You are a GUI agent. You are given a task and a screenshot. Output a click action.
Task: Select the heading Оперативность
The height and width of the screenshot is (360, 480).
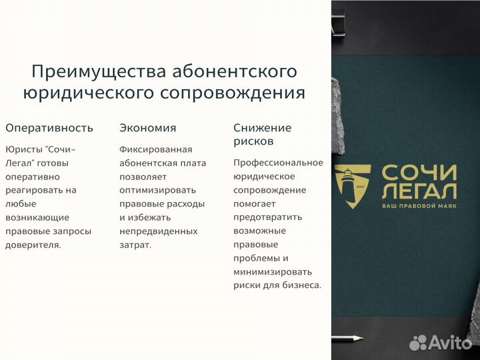point(49,128)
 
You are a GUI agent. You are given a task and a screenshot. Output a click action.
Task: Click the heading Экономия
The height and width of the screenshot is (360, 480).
point(147,128)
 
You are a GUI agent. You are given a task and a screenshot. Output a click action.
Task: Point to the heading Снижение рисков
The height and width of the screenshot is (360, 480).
point(262,134)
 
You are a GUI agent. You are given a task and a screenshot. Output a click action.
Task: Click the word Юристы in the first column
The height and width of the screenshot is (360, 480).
point(22,149)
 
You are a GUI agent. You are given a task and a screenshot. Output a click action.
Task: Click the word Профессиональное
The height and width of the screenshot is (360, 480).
point(278,163)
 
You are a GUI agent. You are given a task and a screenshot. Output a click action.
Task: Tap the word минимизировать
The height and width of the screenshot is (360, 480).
point(272,272)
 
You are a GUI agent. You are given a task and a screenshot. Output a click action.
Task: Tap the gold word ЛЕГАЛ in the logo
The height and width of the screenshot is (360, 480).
point(419,191)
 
